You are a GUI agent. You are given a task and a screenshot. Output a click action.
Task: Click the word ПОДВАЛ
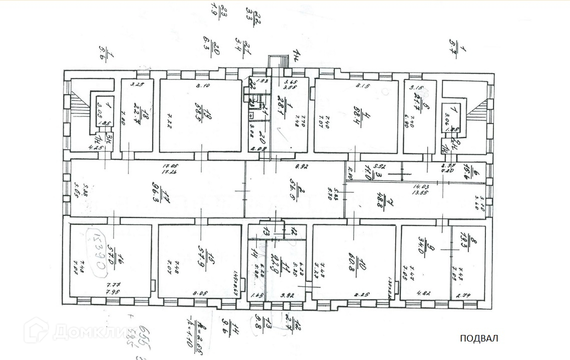[479, 338]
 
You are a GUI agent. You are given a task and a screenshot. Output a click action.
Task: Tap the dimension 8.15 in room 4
[362, 86]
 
